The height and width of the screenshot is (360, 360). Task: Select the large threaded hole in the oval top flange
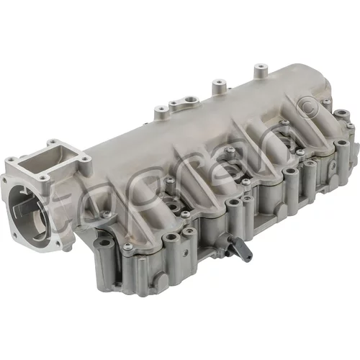point(191,99)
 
